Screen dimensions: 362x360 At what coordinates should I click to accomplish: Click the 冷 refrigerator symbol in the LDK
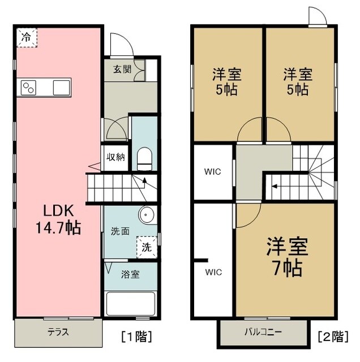pyautogui.click(x=27, y=37)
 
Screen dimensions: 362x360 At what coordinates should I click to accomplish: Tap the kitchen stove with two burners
pyautogui.click(x=29, y=88)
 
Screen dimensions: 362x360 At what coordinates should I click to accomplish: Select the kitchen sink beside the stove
pyautogui.click(x=61, y=88)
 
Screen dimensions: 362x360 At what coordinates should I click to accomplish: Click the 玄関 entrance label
pyautogui.click(x=118, y=70)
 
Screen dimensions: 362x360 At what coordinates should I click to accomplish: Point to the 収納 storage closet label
pyautogui.click(x=117, y=157)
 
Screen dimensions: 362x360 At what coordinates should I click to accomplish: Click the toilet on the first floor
pyautogui.click(x=145, y=158)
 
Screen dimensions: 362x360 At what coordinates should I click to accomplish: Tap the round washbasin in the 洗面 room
pyautogui.click(x=147, y=215)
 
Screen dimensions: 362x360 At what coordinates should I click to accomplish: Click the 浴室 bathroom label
pyautogui.click(x=131, y=275)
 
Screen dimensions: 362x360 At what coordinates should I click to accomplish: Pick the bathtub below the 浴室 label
pyautogui.click(x=131, y=304)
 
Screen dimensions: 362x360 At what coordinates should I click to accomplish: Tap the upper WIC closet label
pyautogui.click(x=213, y=171)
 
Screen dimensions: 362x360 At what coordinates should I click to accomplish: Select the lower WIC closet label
pyautogui.click(x=213, y=272)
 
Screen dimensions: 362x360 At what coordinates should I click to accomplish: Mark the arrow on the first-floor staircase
pyautogui.click(x=143, y=182)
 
